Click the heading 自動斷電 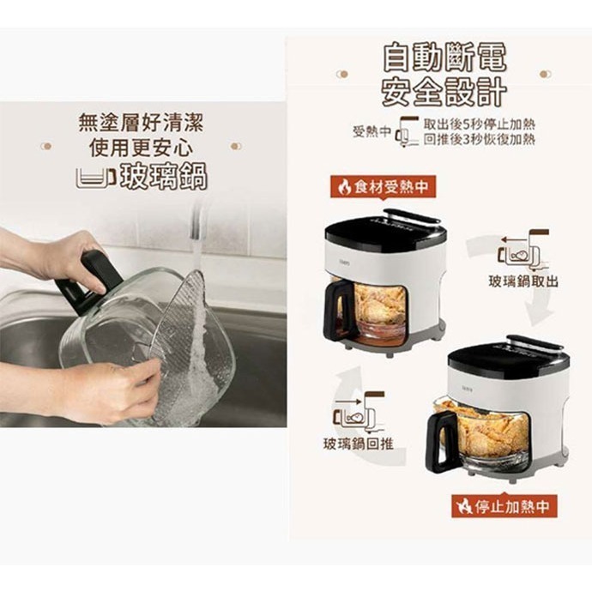click(x=444, y=57)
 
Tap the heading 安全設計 click(x=444, y=92)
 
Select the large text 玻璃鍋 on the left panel click(x=164, y=177)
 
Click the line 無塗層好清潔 click(x=141, y=123)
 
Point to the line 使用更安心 click(x=142, y=147)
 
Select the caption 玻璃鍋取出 click(x=523, y=281)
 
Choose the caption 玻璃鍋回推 click(x=359, y=444)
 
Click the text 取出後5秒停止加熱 click(x=480, y=124)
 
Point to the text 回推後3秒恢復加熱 click(x=480, y=139)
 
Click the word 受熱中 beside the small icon click(x=372, y=131)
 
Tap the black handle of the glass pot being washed click(x=89, y=281)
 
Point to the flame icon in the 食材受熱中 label click(x=344, y=187)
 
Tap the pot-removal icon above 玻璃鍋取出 click(x=523, y=250)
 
